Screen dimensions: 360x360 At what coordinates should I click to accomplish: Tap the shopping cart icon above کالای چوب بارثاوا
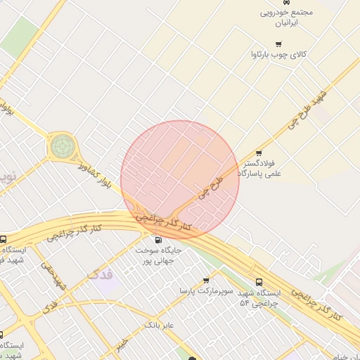click(x=279, y=44)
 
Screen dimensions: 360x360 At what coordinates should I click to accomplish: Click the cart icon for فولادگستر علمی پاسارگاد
click(x=259, y=153)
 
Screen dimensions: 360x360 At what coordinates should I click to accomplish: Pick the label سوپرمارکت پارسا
click(x=205, y=290)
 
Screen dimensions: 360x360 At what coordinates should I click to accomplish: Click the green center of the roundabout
click(x=60, y=147)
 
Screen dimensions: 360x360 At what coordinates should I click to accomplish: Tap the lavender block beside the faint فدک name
click(x=106, y=286)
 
